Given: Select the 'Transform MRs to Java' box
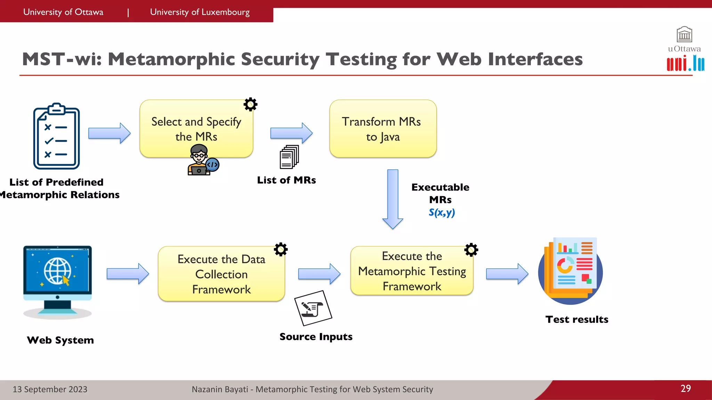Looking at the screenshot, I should tap(383, 129).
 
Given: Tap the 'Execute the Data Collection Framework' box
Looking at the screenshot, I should tap(221, 274).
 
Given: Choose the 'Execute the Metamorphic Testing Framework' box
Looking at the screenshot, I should tap(412, 271).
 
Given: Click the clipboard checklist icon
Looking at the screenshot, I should tap(56, 136).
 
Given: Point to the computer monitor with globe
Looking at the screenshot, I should tap(58, 282).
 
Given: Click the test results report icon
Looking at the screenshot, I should tap(571, 271).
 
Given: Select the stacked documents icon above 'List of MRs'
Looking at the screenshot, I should tap(289, 157).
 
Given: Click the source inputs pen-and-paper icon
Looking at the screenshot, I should tap(313, 308).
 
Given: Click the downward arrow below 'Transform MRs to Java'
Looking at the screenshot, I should tap(393, 199).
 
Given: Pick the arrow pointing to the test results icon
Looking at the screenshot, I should tap(507, 274).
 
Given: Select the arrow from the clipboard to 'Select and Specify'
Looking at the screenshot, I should tap(109, 133).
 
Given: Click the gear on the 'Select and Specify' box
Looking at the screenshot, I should tap(250, 104).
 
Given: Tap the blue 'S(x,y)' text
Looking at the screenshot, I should tap(442, 212).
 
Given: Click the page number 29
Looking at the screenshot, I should tap(686, 389).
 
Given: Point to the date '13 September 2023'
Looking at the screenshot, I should tap(50, 389).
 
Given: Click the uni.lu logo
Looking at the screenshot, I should tap(685, 64).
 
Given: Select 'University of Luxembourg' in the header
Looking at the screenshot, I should tap(200, 12).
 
